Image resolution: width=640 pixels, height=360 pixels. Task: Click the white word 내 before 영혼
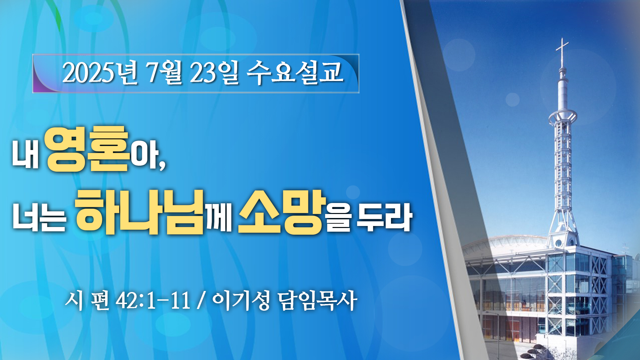click(x=26, y=153)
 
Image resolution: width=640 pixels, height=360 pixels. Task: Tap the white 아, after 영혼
click(x=148, y=154)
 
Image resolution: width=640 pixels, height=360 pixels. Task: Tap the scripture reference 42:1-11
click(x=153, y=301)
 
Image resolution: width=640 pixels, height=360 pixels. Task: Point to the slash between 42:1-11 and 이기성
click(x=201, y=301)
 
